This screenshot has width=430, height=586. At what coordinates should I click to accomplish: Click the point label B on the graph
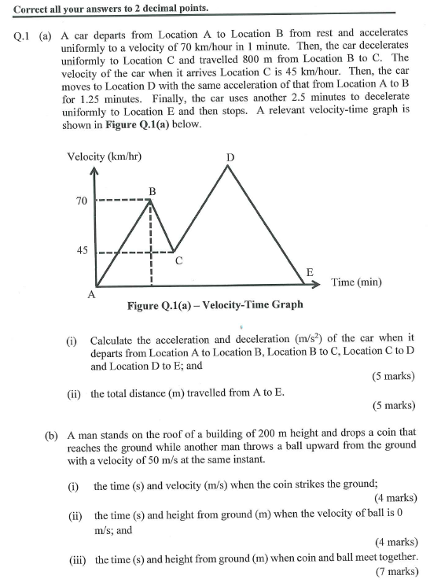click(x=153, y=190)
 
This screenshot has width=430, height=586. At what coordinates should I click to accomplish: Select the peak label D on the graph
click(x=230, y=157)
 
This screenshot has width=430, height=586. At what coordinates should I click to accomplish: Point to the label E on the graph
click(x=310, y=272)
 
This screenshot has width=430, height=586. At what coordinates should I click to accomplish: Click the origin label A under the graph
click(x=92, y=295)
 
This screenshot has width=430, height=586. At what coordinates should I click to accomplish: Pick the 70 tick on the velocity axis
click(x=82, y=201)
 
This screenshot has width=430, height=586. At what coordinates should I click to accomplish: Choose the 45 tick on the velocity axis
click(x=82, y=251)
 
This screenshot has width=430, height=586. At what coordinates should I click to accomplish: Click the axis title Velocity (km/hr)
click(x=105, y=156)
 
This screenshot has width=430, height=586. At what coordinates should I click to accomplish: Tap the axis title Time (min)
click(x=356, y=282)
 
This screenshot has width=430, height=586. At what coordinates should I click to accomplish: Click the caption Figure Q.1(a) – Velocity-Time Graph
click(x=215, y=304)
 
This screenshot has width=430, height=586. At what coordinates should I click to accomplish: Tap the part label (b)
click(x=52, y=433)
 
